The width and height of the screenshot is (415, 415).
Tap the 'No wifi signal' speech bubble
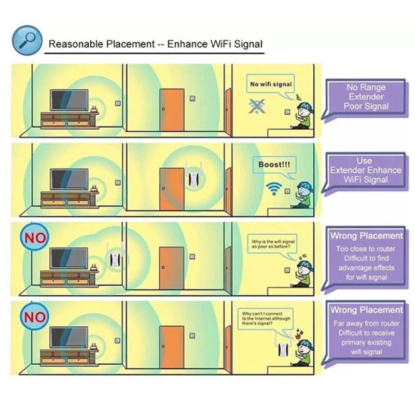(x=271, y=84)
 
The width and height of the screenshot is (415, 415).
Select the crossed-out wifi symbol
(x=255, y=106)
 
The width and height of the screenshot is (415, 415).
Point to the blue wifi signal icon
(x=273, y=188)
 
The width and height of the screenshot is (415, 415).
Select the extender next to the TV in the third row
(x=114, y=256)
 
